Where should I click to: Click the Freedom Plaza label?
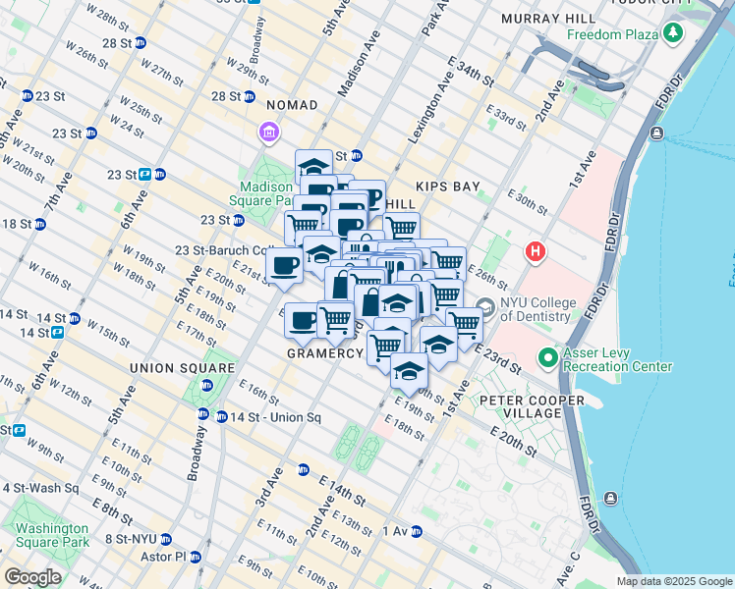click(613, 35)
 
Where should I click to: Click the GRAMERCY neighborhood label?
click(325, 352)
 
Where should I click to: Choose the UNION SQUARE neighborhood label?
click(182, 368)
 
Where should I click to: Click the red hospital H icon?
click(535, 252)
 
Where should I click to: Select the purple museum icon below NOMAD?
click(268, 131)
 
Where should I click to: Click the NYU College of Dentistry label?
click(537, 309)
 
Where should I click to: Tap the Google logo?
click(33, 577)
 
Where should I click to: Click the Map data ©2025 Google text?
click(674, 581)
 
